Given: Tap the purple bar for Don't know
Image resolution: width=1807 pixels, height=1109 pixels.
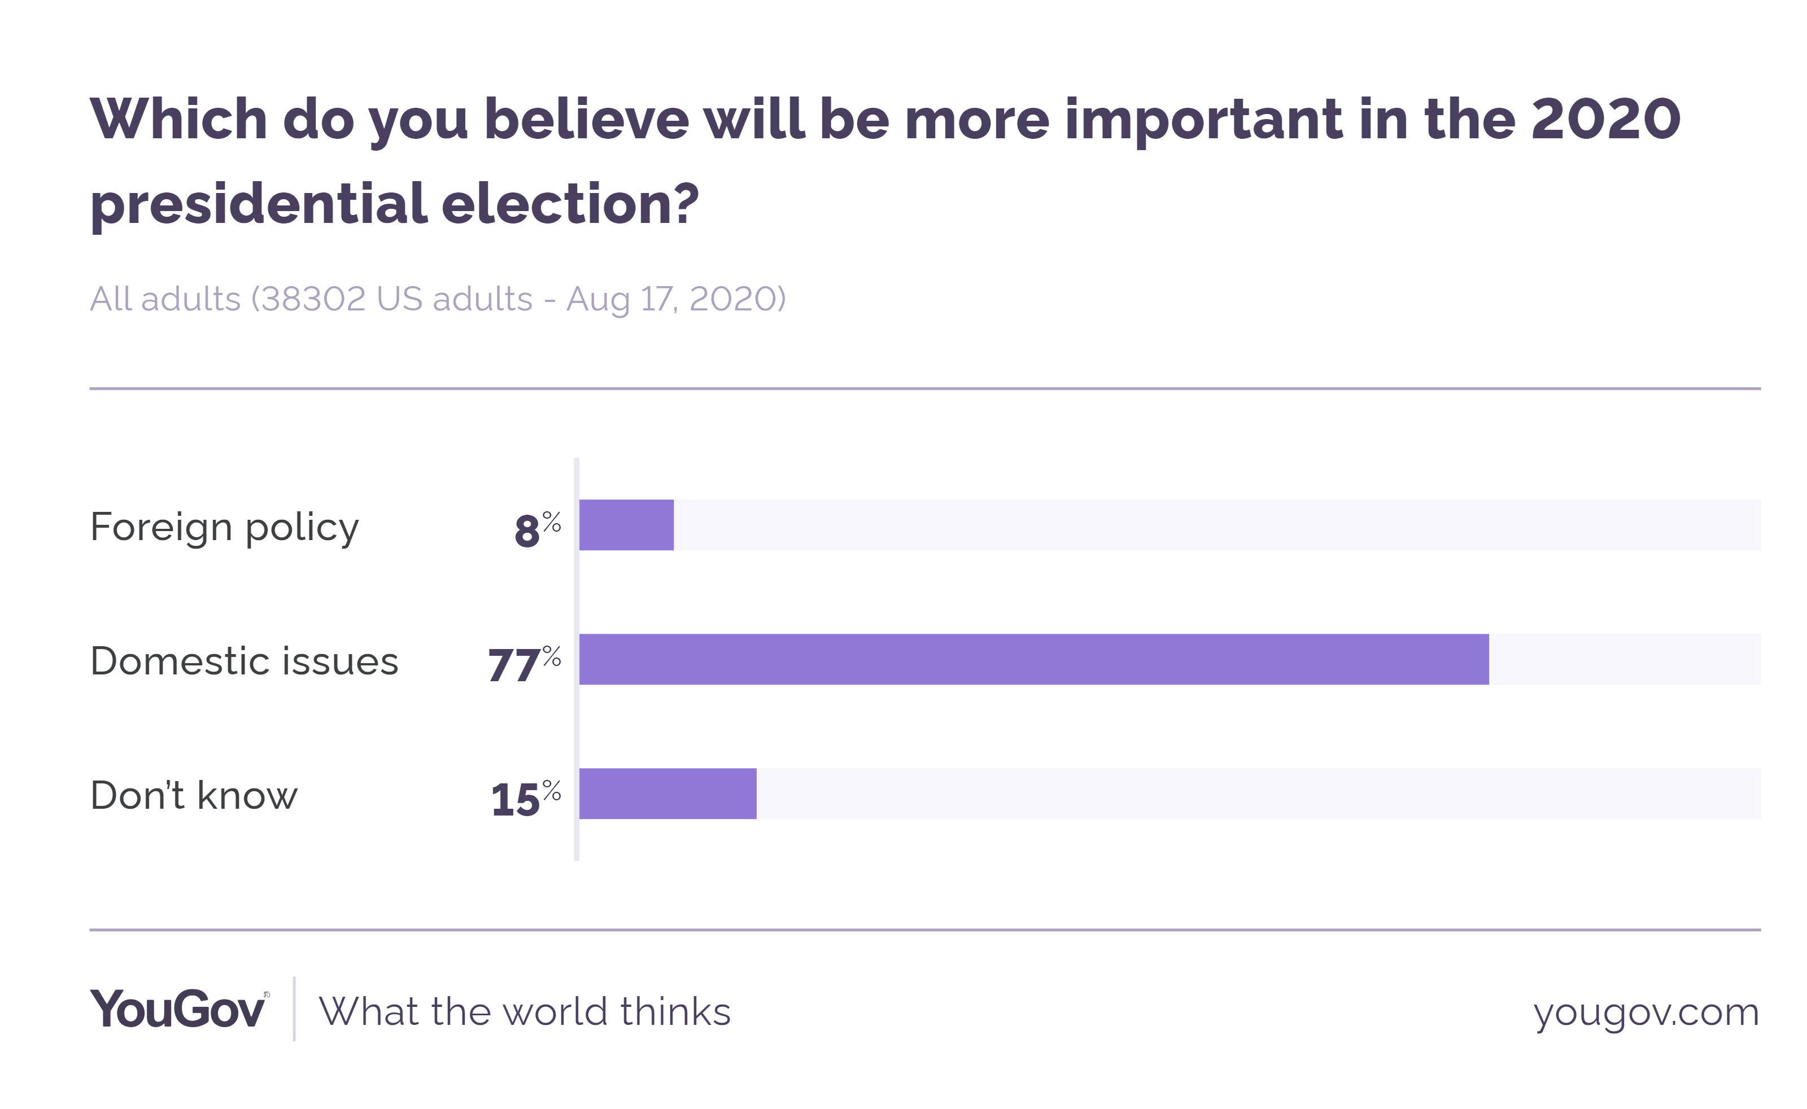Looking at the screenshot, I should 667,794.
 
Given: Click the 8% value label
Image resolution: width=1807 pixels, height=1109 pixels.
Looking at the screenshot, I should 537,529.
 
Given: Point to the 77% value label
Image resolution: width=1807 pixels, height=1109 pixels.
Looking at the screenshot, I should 525,664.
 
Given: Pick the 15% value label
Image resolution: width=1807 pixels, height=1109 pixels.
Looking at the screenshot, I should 525,797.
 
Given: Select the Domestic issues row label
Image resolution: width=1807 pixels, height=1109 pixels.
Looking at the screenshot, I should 245,661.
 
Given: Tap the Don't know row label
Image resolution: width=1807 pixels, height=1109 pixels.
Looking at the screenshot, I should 194,796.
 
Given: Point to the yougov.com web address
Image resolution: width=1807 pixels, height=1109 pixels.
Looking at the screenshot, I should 1645,1011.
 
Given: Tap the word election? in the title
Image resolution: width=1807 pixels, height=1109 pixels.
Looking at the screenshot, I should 570,203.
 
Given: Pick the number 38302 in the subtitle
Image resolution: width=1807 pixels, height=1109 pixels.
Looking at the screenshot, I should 313,299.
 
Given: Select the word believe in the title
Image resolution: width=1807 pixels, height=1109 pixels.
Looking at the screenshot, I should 586,119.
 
